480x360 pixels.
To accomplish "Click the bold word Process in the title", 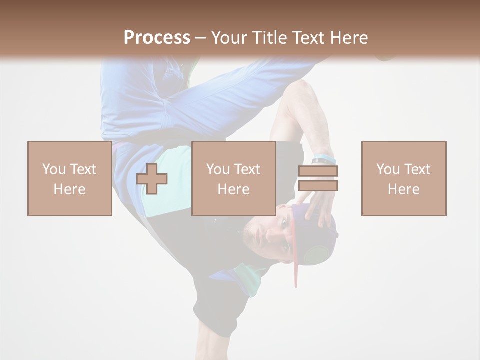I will (157, 38).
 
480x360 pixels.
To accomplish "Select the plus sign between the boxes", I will (152, 179).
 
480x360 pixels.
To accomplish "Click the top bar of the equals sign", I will (318, 171).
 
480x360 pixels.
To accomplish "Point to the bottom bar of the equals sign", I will (318, 186).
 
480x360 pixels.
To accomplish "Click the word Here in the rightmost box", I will (403, 189).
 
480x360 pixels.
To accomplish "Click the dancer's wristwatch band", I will (324, 160).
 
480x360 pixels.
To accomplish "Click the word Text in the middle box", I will (246, 169).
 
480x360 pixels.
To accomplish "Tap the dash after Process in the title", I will (200, 38).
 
